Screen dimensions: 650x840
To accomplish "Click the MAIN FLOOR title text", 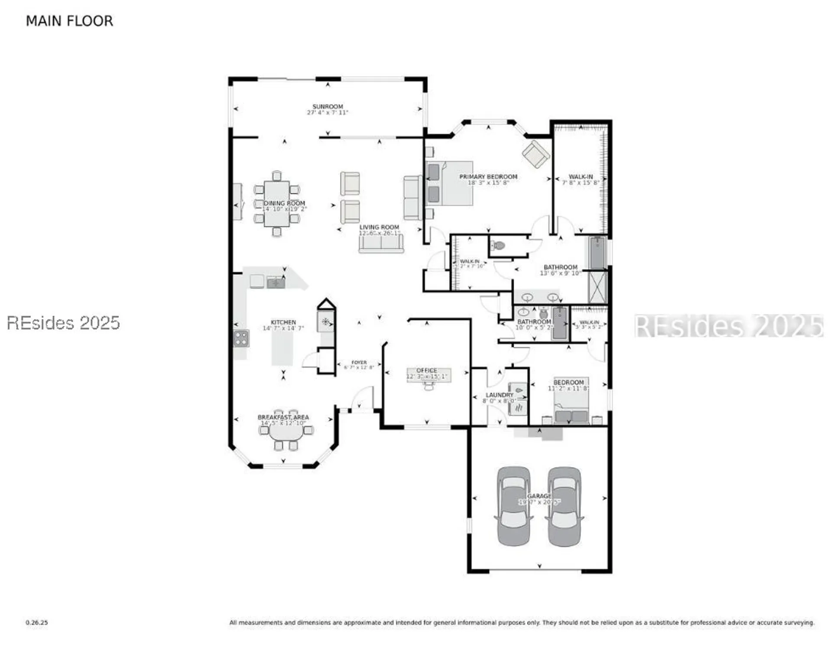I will (x=69, y=21).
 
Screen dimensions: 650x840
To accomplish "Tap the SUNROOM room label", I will (x=328, y=107).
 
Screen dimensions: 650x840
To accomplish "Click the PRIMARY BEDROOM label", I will (x=488, y=177).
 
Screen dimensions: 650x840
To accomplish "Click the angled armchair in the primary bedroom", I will (x=536, y=154).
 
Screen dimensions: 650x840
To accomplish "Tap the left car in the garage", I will (x=513, y=506).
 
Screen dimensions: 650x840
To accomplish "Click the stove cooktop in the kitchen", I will (x=241, y=338).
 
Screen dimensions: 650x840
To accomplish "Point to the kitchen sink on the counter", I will (x=276, y=283).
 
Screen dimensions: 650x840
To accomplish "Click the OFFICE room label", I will (x=426, y=370).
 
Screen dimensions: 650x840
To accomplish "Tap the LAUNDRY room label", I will (x=499, y=395).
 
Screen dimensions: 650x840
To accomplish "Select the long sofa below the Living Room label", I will (x=381, y=244).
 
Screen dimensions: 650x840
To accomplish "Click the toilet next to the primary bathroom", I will (x=499, y=246).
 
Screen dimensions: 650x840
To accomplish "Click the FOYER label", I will (x=359, y=362).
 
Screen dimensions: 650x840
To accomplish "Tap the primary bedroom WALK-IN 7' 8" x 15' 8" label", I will (x=581, y=177).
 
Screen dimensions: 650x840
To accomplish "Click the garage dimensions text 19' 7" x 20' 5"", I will (x=539, y=502).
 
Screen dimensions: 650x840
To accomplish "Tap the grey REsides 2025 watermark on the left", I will (x=63, y=323).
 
